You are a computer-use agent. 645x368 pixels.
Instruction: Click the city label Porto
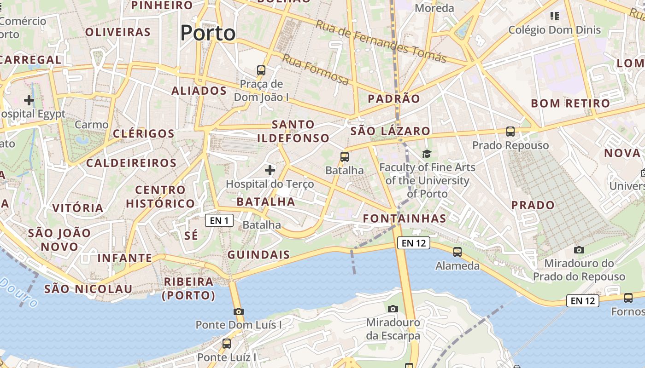point(208,33)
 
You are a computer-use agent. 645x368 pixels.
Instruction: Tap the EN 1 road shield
point(219,220)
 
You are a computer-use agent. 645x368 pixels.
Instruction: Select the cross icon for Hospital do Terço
point(270,171)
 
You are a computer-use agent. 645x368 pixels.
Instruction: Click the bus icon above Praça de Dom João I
point(261,70)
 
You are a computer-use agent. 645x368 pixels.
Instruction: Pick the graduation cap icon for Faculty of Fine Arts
point(427,154)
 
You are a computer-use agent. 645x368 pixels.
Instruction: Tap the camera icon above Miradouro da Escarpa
point(393,309)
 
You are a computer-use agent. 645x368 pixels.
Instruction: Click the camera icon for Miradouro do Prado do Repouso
point(579,250)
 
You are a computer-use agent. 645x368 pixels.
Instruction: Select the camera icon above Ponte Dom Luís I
point(238,311)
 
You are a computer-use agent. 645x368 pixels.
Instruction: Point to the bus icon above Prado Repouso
point(510,132)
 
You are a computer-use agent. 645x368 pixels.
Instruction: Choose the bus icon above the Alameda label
point(457,252)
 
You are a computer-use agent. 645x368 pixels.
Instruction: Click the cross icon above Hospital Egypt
point(29,100)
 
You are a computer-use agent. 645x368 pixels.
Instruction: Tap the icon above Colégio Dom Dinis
point(555,17)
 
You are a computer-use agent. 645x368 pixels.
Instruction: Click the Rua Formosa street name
point(316,70)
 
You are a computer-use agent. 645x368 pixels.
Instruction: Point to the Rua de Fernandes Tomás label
point(381,41)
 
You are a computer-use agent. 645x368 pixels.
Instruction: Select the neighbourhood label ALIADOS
point(199,91)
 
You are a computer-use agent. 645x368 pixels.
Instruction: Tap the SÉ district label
point(191,236)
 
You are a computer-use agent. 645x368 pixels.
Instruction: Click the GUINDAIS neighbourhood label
point(259,254)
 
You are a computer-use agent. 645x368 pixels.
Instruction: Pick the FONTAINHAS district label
point(405,218)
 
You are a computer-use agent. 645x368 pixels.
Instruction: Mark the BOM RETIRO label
point(570,103)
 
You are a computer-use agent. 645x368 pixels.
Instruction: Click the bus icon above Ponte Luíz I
point(227,343)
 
